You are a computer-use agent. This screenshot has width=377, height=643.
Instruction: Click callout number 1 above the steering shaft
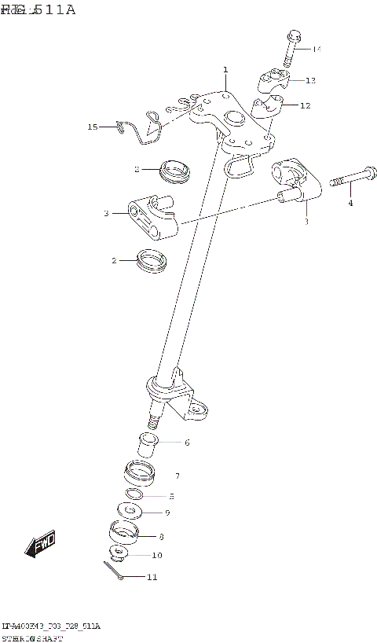(x=225, y=70)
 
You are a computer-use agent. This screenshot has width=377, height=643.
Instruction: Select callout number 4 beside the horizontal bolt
(x=350, y=204)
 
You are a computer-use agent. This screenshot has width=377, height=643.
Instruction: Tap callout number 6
(x=187, y=443)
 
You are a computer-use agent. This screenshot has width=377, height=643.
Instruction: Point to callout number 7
(x=178, y=476)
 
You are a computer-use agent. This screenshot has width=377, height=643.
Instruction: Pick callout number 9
(x=167, y=513)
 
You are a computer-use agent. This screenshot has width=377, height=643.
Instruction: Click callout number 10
(x=157, y=555)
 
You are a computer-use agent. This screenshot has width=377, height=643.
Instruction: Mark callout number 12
(x=305, y=105)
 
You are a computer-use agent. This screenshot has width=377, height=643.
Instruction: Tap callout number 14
(x=317, y=50)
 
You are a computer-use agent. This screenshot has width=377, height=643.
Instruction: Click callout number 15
(x=93, y=126)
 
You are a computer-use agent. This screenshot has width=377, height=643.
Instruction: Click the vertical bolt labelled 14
(x=291, y=49)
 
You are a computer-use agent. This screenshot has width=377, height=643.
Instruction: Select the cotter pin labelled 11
(x=112, y=573)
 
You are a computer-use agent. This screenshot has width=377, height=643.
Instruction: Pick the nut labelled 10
(x=119, y=553)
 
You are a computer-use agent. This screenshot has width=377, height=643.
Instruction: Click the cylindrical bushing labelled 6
(x=148, y=445)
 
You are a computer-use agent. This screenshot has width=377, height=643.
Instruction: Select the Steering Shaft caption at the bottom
(x=37, y=637)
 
